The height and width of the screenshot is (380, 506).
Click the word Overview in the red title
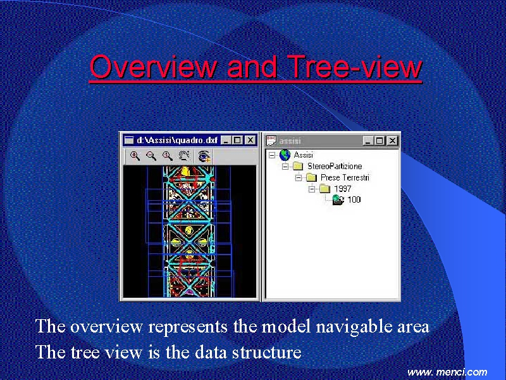(153, 66)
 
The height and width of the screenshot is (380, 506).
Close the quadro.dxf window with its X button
(250, 140)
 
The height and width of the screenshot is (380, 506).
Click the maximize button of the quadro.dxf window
(238, 140)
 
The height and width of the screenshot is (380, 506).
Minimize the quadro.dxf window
(226, 140)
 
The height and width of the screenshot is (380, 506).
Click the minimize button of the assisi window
(367, 141)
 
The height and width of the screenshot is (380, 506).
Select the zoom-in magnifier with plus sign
(135, 156)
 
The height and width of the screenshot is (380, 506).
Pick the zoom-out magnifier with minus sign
(151, 156)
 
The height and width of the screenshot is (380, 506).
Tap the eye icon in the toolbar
(204, 156)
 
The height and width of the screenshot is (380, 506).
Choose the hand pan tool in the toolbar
(184, 156)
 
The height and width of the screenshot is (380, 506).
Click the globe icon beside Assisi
(285, 155)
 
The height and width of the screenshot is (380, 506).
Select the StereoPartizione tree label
(335, 167)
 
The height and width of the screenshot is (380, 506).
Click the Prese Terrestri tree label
(345, 177)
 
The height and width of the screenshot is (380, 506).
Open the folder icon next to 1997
(325, 188)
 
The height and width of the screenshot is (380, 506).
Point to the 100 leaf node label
(354, 199)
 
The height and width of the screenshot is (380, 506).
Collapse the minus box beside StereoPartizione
(285, 167)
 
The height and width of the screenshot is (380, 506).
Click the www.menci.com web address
(447, 372)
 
